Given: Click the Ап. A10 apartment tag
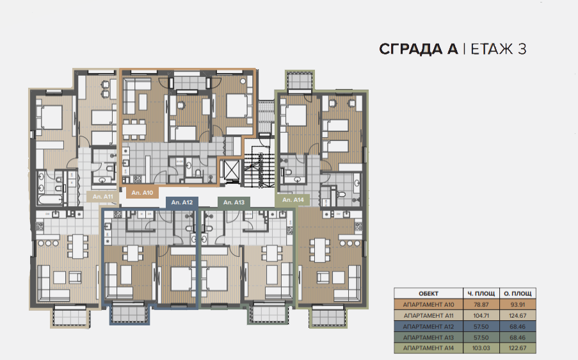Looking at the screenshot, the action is (142, 193).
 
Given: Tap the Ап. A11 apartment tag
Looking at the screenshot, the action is (103, 197).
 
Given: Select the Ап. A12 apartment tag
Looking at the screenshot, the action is (182, 202).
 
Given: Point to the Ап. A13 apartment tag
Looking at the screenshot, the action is (234, 202).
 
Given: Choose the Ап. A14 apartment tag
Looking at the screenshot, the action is (293, 200).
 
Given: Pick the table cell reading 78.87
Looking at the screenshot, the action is (481, 305).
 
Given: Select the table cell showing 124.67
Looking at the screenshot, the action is (518, 316).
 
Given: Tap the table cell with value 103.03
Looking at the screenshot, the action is (481, 348).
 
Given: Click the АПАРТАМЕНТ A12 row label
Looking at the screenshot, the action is (428, 327).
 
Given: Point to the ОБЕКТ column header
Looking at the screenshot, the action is (428, 293).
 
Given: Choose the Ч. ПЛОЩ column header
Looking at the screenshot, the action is (481, 293).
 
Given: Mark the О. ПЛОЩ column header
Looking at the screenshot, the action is (518, 293).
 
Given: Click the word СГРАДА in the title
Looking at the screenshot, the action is (419, 49).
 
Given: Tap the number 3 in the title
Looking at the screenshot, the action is (522, 49).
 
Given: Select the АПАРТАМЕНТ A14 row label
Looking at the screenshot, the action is (428, 348).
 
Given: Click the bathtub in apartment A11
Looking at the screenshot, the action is (50, 200).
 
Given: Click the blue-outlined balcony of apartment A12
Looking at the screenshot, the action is (129, 313).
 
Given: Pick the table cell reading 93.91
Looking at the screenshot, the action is (518, 305).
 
